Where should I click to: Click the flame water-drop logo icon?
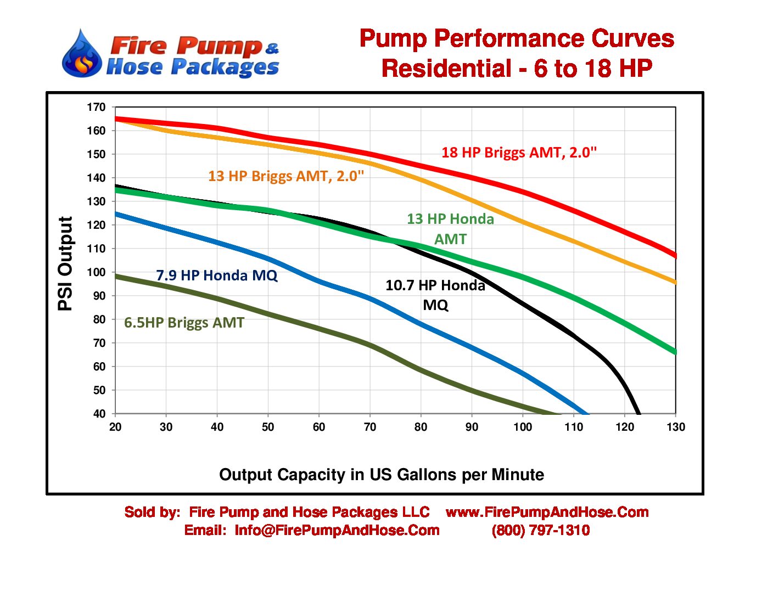(x=82, y=54)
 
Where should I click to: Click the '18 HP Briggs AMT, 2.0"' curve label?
(x=519, y=153)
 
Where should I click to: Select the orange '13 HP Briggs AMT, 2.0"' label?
(x=286, y=176)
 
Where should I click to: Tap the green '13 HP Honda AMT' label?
(x=450, y=228)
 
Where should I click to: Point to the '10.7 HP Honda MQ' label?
(x=435, y=295)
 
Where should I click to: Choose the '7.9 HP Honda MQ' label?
(x=217, y=275)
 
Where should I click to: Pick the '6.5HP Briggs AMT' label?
(x=184, y=323)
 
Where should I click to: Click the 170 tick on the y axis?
(x=96, y=108)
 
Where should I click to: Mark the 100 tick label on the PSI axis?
(x=96, y=272)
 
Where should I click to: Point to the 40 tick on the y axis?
(x=99, y=414)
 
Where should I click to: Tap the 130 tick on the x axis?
(x=675, y=427)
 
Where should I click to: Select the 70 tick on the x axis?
(x=370, y=427)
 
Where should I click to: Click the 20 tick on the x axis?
(x=115, y=427)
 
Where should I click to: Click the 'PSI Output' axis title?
(x=65, y=263)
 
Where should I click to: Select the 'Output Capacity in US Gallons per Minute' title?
(x=382, y=475)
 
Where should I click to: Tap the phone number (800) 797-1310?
(x=541, y=531)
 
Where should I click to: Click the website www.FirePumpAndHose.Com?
(x=547, y=512)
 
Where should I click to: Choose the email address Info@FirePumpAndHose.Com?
(x=337, y=531)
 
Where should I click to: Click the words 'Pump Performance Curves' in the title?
(x=517, y=39)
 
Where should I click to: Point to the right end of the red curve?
(x=675, y=255)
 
